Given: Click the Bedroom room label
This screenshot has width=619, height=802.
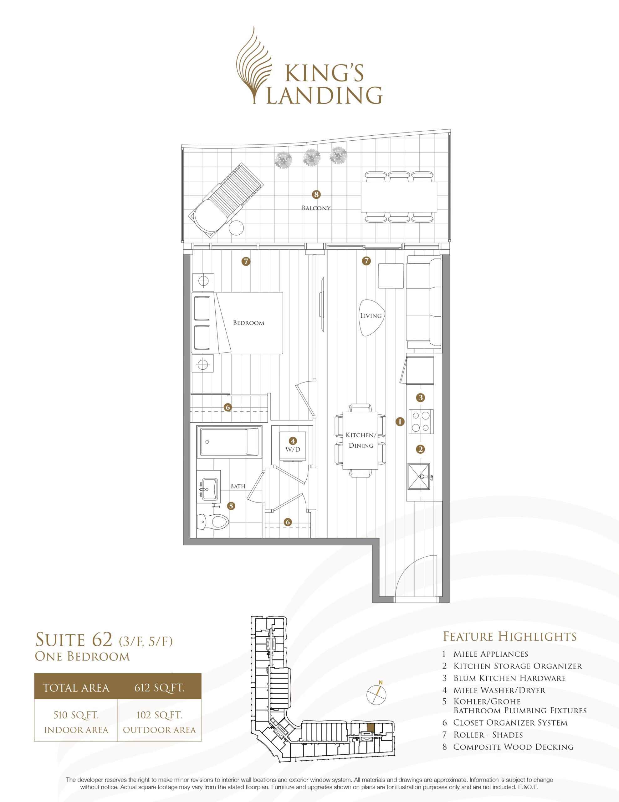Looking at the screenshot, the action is pyautogui.click(x=248, y=323).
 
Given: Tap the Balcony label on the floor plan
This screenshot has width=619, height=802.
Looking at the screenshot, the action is pyautogui.click(x=316, y=208).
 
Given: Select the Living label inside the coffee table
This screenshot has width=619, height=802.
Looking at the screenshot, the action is pyautogui.click(x=371, y=315).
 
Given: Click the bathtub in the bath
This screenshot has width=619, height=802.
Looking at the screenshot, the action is pyautogui.click(x=229, y=442).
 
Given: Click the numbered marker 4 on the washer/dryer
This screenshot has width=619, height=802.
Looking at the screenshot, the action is pyautogui.click(x=292, y=441).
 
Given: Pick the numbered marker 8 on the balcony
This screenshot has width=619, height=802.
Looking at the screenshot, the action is pyautogui.click(x=316, y=194).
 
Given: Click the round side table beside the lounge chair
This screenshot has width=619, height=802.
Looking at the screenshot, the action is pyautogui.click(x=236, y=228).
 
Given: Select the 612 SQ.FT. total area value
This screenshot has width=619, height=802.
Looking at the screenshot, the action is pyautogui.click(x=159, y=687).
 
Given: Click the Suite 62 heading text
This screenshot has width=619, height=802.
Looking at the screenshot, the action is pyautogui.click(x=73, y=640).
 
